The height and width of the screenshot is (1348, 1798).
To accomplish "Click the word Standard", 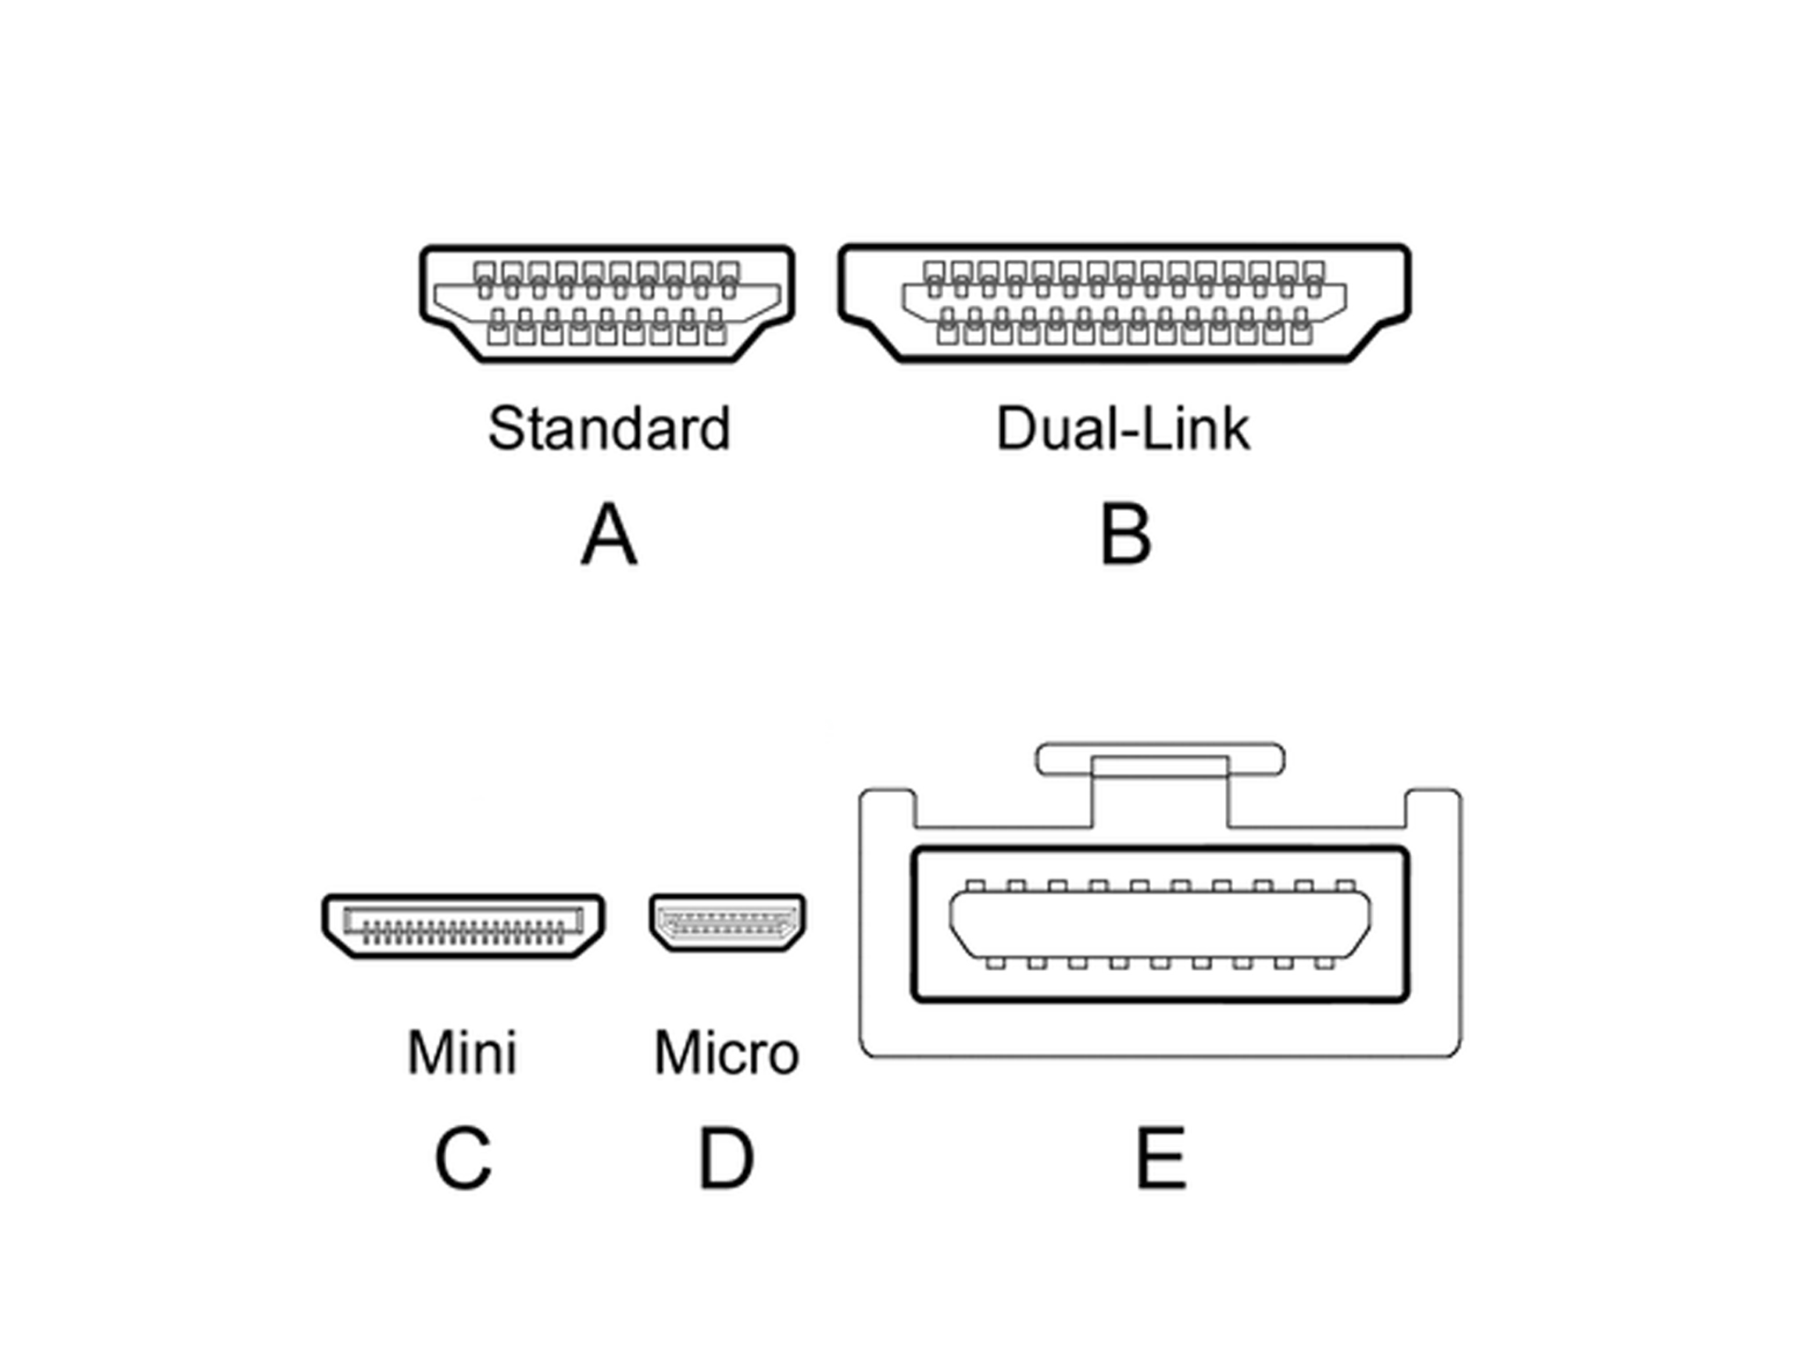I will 609,429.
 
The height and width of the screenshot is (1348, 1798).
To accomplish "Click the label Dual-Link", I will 1122,429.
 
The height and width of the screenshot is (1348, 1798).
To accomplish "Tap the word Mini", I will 462,1052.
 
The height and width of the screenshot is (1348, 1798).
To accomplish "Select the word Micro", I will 726,1052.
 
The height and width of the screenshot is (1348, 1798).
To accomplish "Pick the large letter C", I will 463,1158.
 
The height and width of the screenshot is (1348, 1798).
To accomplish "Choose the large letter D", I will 725,1158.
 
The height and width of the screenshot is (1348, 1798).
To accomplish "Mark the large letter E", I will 1161,1158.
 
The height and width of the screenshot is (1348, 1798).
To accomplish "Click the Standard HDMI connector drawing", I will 607,302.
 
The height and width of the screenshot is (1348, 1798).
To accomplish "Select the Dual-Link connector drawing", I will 1124,302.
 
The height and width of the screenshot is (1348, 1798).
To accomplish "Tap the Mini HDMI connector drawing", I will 463,925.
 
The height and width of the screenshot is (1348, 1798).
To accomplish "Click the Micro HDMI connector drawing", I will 727,922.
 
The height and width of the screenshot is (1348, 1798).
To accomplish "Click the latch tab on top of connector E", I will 1159,759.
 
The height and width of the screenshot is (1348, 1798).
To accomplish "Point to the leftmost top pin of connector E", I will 975,885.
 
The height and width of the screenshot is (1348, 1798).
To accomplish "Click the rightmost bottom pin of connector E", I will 1324,963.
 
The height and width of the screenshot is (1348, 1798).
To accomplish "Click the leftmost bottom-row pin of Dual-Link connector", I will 947,333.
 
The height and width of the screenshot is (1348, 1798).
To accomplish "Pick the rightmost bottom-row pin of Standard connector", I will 716,333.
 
